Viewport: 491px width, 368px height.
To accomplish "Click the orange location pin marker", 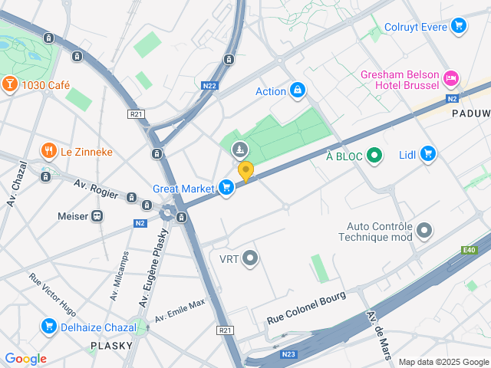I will coord(245,171).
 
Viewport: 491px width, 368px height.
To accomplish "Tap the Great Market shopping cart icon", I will coord(226,188).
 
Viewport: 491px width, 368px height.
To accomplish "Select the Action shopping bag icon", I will coord(297,91).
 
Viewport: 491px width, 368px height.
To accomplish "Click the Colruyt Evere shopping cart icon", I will coord(459,27).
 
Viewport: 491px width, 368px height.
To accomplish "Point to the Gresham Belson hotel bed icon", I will coord(451,77).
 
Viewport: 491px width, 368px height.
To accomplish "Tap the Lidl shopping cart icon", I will coord(428,155).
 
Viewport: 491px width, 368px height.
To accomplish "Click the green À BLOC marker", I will coord(374,156).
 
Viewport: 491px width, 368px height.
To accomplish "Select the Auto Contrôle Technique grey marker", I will coord(424,230).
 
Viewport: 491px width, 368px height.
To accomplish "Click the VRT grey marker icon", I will coord(249,258).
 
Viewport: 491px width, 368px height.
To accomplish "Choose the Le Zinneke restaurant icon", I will coord(48,151).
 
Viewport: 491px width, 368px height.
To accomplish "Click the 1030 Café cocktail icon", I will coord(10,84).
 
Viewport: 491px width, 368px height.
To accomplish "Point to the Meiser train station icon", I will coord(97,216).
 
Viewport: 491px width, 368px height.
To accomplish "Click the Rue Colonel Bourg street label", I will coord(306,307).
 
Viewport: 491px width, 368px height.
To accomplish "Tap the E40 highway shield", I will coord(468,249).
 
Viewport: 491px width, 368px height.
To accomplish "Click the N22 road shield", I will coord(209,86).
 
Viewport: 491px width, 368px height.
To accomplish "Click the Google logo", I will coord(25,359).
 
